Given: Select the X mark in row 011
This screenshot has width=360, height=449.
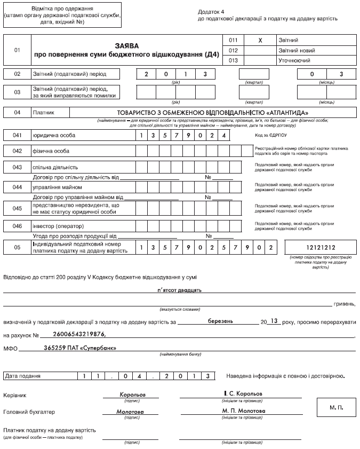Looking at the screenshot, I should click(259, 41).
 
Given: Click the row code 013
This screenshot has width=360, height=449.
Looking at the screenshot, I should click(233, 60).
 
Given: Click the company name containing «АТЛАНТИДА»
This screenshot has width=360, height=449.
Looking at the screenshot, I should click(213, 113).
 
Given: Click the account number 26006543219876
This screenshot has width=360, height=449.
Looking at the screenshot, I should click(80, 335).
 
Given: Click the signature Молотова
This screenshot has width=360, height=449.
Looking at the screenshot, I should click(130, 412).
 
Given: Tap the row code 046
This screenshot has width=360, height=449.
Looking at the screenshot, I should click(17, 226).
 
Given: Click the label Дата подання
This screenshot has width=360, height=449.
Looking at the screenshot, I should click(22, 376).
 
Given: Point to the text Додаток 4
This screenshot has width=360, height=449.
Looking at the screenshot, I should click(210, 11).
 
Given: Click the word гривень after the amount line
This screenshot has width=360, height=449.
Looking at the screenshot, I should click(345, 304).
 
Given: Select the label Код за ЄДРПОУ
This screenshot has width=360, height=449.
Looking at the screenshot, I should click(272, 136).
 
